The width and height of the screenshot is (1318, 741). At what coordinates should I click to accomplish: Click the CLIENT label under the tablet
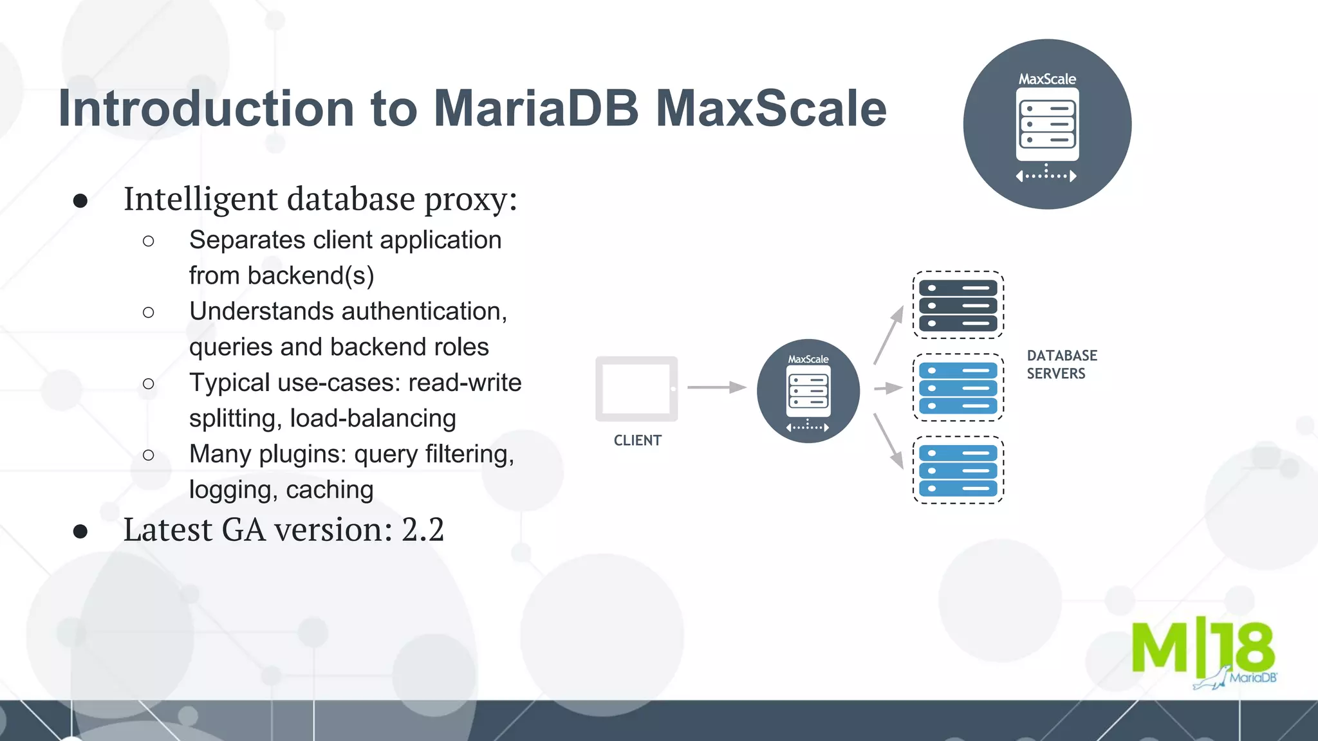click(637, 441)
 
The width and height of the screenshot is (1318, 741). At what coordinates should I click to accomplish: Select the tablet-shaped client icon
click(636, 389)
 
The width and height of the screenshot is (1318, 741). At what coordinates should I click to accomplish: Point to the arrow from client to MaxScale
click(716, 387)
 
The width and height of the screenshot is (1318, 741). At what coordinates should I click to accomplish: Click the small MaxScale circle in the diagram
click(808, 391)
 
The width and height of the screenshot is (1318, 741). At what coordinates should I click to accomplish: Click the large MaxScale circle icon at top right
click(1047, 124)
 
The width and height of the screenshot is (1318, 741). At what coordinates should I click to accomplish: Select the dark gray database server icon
click(958, 305)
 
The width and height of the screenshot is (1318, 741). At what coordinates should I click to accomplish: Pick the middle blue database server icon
click(958, 388)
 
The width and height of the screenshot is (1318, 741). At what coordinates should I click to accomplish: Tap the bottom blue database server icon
click(958, 470)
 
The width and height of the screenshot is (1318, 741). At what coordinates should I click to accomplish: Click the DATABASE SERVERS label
click(1061, 365)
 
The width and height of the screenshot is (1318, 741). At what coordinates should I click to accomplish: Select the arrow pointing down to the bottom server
click(889, 441)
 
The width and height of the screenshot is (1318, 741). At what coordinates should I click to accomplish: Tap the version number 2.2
click(423, 530)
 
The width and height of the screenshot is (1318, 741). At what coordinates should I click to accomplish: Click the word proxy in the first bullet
click(470, 199)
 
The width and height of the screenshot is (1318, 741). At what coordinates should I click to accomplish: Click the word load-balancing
click(373, 419)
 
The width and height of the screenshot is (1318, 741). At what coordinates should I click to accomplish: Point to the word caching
click(329, 490)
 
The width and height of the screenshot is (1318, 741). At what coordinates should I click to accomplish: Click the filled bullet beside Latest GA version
click(80, 531)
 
